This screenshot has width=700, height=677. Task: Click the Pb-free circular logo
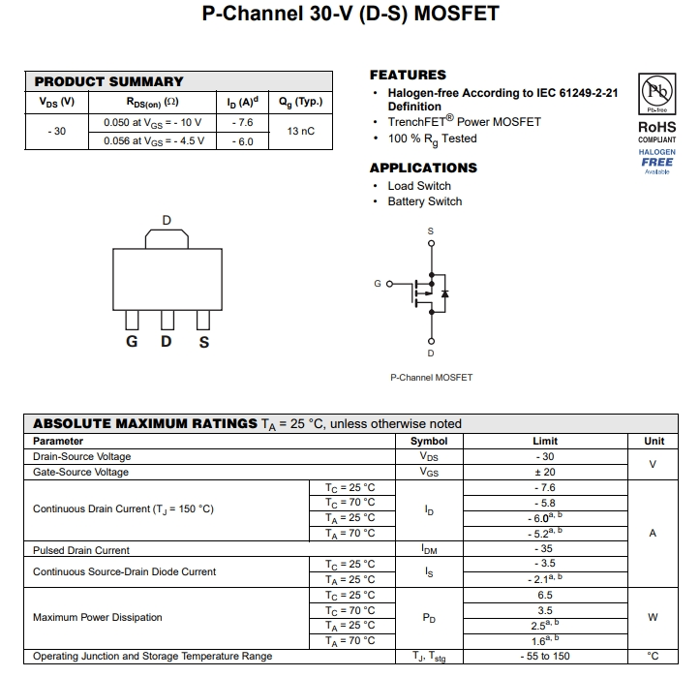pyautogui.click(x=655, y=93)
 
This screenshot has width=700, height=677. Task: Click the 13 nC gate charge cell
pyautogui.click(x=301, y=131)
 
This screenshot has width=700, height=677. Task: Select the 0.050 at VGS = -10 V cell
pyautogui.click(x=152, y=123)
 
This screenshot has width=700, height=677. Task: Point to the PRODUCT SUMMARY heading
pyautogui.click(x=108, y=82)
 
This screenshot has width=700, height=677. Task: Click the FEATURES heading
pyautogui.click(x=408, y=75)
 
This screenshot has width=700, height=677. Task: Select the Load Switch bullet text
pyautogui.click(x=419, y=186)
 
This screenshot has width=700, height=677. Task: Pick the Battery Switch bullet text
pyautogui.click(x=425, y=201)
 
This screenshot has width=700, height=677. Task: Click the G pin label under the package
pyautogui.click(x=131, y=342)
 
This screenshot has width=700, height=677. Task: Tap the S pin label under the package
pyautogui.click(x=203, y=342)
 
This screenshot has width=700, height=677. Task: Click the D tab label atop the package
pyautogui.click(x=167, y=221)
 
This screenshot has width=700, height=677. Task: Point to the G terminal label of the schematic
pyautogui.click(x=378, y=284)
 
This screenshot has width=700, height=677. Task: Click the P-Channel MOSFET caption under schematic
pyautogui.click(x=431, y=377)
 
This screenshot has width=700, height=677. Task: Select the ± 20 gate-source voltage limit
pyautogui.click(x=545, y=472)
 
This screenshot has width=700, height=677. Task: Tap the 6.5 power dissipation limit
pyautogui.click(x=545, y=596)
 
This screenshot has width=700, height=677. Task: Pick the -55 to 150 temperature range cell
pyautogui.click(x=545, y=657)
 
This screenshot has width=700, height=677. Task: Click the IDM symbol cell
pyautogui.click(x=430, y=550)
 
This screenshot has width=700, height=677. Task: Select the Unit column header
pyautogui.click(x=654, y=441)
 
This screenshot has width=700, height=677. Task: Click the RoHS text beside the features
pyautogui.click(x=656, y=127)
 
